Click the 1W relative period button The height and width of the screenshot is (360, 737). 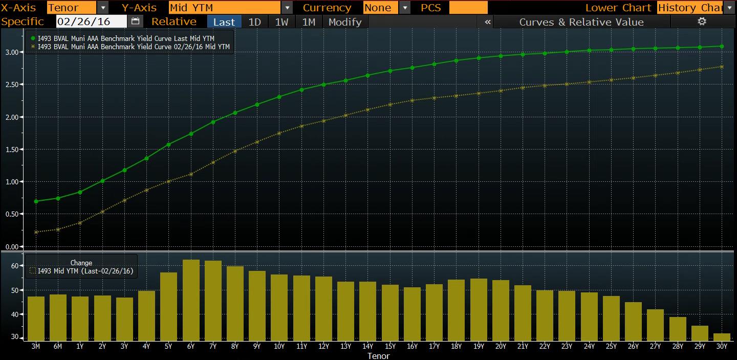coord(281,22)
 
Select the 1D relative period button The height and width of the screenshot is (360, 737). coord(254,22)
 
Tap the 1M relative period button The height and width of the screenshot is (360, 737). coord(309,22)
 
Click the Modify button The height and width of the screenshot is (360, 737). coord(345,22)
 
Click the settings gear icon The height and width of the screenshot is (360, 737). coord(702,22)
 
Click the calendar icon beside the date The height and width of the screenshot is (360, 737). coord(135,22)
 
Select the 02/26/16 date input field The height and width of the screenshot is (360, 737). coord(91,22)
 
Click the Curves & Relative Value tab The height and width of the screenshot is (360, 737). coord(581,22)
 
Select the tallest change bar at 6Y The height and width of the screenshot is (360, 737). coord(191,300)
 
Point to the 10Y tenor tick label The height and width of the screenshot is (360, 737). coord(279,347)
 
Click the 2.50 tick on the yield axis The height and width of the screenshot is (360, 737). coord(12,84)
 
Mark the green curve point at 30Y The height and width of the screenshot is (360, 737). coord(722,46)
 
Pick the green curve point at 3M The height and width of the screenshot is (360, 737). coord(36,201)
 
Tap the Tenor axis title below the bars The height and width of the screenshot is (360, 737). coord(378,355)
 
